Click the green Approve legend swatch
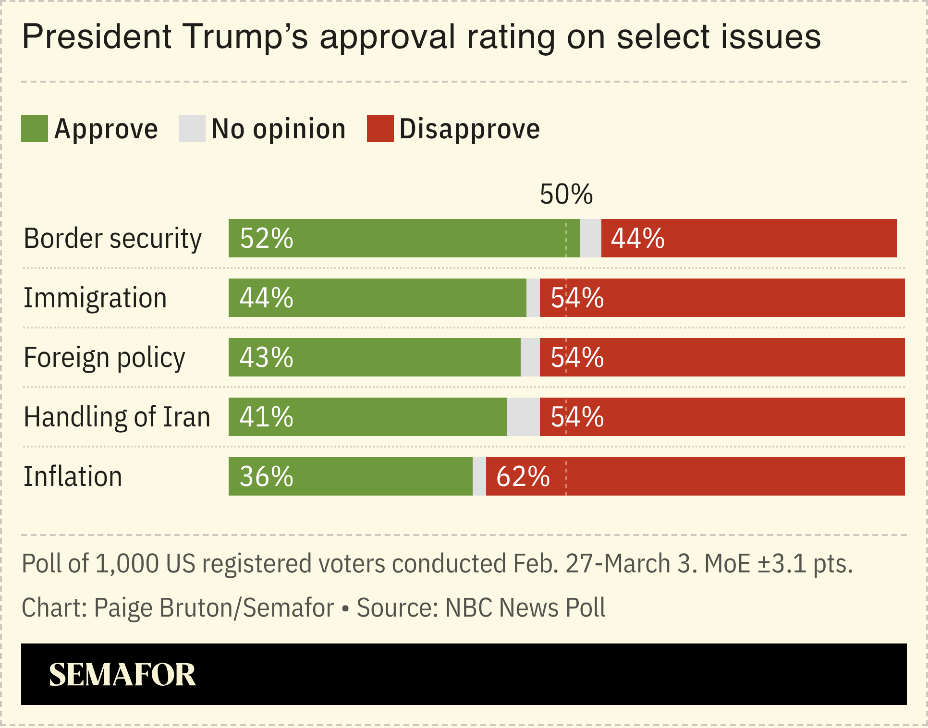point(35,129)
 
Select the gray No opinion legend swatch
point(192,129)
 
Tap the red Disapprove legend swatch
point(380,129)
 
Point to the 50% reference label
point(566,194)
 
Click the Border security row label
point(112,238)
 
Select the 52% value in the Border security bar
point(266,238)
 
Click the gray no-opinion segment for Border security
point(590,238)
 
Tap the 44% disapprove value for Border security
point(637,238)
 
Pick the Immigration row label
point(95,298)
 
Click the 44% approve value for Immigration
point(266,298)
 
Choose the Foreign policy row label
point(104,357)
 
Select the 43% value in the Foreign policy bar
point(266,357)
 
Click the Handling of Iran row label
point(117,417)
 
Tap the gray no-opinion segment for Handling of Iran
point(523,417)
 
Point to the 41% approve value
point(266,417)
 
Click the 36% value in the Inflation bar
point(266,476)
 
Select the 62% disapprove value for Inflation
point(523,476)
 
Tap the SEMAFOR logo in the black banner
point(122,674)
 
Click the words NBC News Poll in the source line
point(525,607)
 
